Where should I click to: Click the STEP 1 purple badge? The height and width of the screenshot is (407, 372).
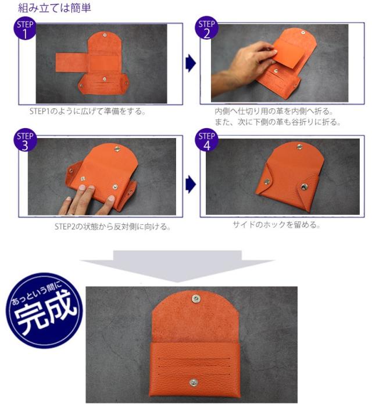click(x=25, y=29)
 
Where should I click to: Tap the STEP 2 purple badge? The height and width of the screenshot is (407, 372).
click(x=206, y=28)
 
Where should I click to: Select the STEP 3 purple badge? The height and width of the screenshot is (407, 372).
click(x=25, y=140)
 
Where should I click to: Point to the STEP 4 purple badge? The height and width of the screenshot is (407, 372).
click(x=206, y=140)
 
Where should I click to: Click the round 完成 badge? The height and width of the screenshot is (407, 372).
click(x=44, y=310)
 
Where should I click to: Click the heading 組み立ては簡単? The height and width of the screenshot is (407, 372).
click(x=55, y=8)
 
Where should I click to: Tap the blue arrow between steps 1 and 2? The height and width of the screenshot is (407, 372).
click(x=191, y=63)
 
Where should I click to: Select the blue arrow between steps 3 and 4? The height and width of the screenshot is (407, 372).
click(x=191, y=185)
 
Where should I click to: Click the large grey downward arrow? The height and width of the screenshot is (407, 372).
click(x=177, y=266)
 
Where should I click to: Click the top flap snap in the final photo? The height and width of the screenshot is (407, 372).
click(x=196, y=299)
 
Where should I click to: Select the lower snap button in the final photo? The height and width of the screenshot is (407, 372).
click(x=192, y=382)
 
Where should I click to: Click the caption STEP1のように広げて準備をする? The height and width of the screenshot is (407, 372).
click(x=88, y=111)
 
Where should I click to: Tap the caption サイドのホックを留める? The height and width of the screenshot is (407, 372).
click(x=276, y=225)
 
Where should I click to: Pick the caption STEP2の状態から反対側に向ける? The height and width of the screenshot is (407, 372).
click(x=113, y=226)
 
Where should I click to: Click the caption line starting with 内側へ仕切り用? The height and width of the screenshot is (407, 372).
click(x=274, y=111)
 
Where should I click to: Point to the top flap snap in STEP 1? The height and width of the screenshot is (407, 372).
click(x=105, y=34)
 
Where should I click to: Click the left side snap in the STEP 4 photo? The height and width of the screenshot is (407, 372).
click(x=267, y=182)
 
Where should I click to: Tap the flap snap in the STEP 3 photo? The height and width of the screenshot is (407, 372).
click(x=117, y=149)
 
